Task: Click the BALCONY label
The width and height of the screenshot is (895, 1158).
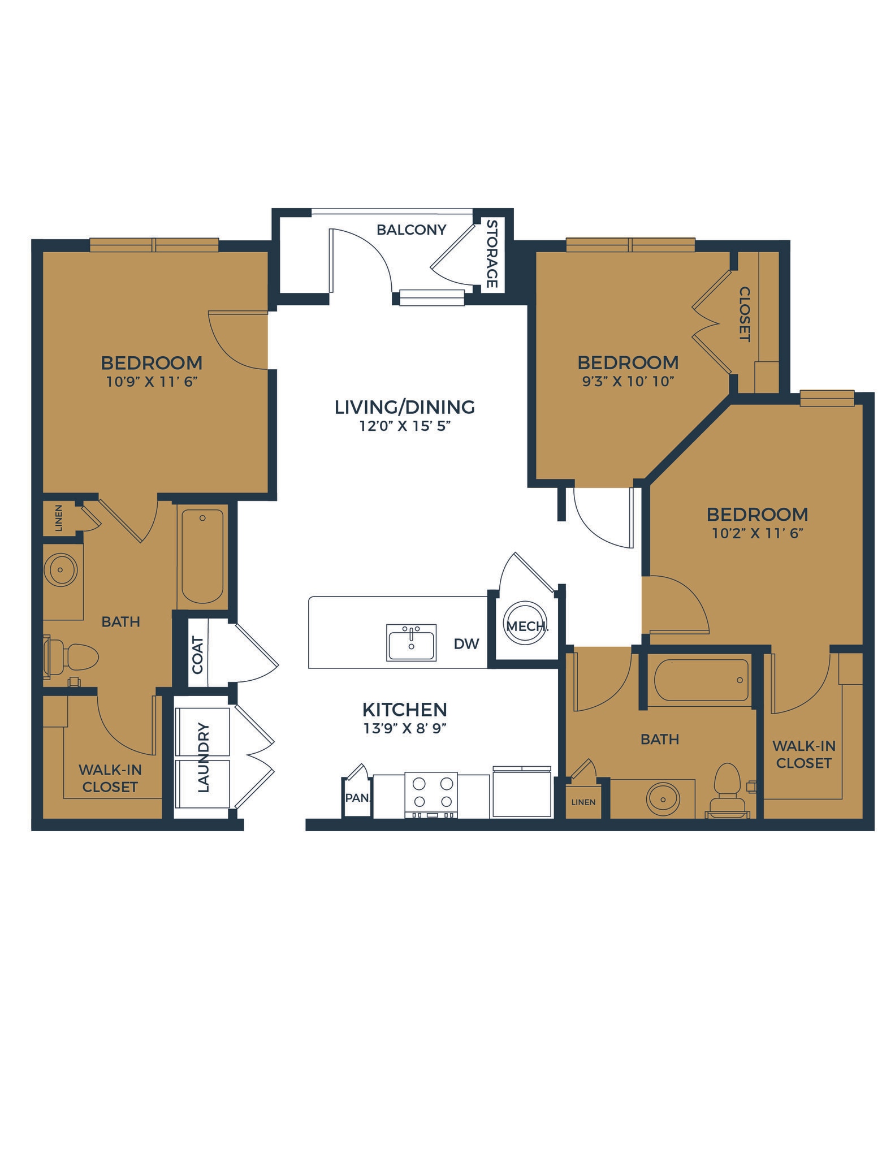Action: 411,230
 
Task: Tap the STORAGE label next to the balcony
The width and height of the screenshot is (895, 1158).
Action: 492,254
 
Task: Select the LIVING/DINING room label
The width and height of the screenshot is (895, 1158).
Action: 404,407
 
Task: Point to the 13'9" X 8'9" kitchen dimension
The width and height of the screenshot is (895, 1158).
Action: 405,728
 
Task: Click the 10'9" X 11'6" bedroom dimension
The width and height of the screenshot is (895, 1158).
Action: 152,382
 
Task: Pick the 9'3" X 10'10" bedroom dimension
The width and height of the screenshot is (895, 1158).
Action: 628,382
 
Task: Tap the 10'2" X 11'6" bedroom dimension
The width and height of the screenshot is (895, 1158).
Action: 757,533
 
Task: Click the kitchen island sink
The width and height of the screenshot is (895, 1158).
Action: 411,642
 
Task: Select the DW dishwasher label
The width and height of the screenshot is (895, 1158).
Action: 466,643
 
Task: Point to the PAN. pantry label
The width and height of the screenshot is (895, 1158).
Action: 357,798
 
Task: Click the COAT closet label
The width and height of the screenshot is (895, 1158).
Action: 198,655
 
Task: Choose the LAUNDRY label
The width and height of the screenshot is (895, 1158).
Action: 204,757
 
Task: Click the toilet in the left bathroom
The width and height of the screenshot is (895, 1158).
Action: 73,657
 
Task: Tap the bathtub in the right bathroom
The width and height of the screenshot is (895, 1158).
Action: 701,680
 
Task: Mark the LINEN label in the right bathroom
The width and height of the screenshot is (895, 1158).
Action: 583,802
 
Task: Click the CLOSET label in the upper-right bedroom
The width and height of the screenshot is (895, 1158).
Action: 745,314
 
